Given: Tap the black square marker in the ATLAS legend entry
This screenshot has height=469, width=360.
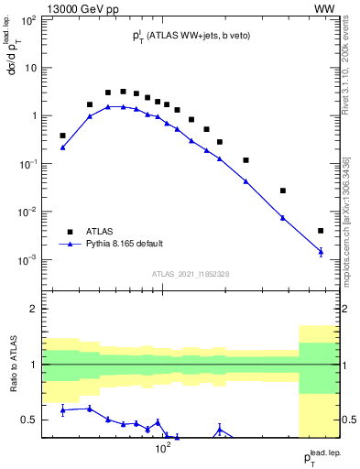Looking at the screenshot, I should (66, 231).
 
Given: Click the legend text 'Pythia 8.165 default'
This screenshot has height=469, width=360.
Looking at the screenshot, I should (124, 244).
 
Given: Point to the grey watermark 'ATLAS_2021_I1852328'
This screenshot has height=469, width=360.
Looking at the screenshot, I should (190, 274).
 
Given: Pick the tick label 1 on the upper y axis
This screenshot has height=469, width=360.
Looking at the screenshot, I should (34, 116).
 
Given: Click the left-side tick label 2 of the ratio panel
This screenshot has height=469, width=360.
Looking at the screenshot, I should (34, 309).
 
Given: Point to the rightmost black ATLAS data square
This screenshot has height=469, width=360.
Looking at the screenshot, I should (321, 231).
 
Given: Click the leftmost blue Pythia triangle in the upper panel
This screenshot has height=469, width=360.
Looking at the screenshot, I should (62, 147).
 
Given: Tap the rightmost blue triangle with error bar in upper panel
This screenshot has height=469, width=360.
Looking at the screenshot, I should (321, 251).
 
